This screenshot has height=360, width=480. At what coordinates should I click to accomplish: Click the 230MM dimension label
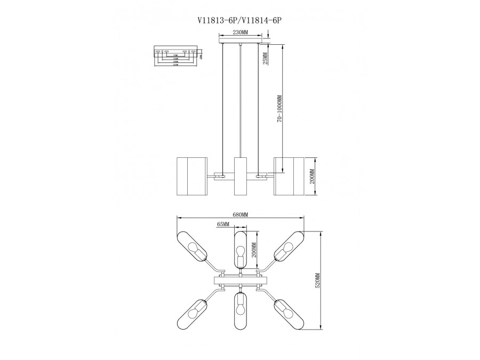pos(241,33)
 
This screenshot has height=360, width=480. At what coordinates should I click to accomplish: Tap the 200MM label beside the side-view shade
pos(312,177)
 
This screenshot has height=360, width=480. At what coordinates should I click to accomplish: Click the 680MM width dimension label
pos(240,214)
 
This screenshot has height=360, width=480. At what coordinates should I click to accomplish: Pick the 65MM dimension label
pos(223,225)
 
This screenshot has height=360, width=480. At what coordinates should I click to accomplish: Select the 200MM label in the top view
pos(254,250)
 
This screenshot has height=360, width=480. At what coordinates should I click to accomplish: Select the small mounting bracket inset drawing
pos(174,56)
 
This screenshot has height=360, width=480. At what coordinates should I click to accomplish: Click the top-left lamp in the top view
pos(194,246)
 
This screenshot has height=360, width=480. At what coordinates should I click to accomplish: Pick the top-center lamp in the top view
pos(241,248)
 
